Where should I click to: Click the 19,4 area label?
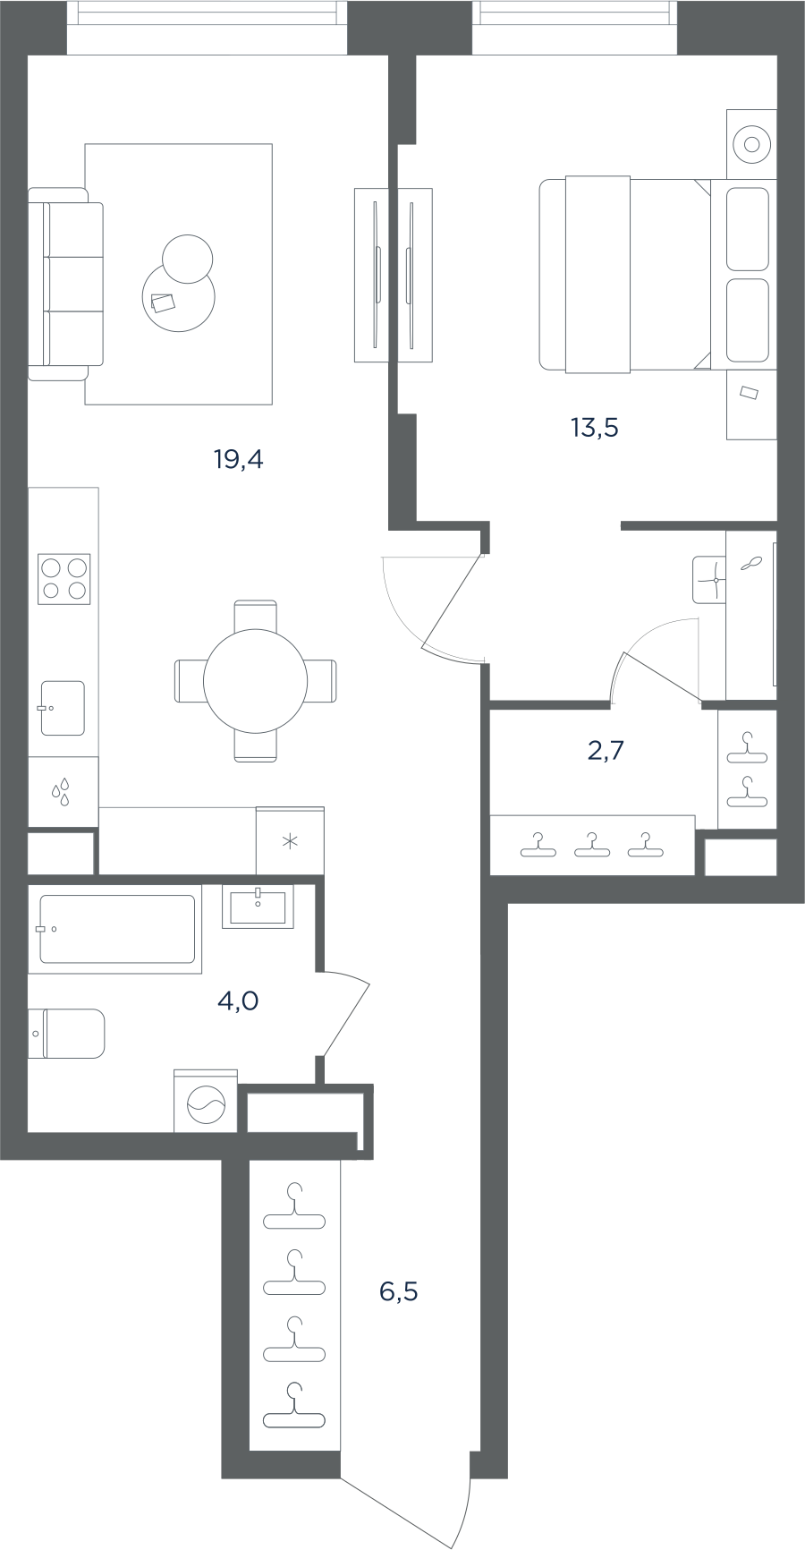[238, 460]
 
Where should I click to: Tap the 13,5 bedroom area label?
[595, 428]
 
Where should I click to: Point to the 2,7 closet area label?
[606, 751]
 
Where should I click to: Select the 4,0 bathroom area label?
[238, 1001]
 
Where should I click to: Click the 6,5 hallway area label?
[398, 1291]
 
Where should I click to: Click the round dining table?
[256, 681]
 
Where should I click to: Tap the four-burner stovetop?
[64, 578]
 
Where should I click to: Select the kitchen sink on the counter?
[63, 708]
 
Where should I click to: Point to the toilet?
[66, 1034]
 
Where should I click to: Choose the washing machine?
[206, 1101]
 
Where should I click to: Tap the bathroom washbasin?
[258, 907]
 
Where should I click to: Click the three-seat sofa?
[65, 284]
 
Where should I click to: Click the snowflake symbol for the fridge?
[290, 841]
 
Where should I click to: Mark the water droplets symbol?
[62, 792]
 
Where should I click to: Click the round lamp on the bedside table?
[751, 143]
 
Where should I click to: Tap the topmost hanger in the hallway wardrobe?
[294, 1207]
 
